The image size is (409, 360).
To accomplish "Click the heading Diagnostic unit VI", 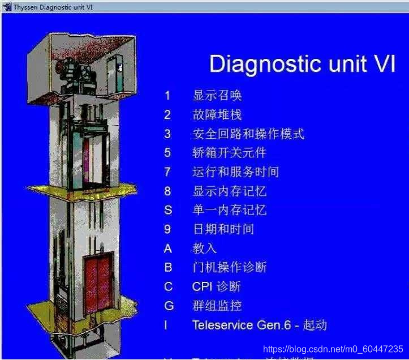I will [302, 63].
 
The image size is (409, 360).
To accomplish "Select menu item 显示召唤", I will [217, 96].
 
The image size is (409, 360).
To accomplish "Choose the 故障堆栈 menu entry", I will [217, 115].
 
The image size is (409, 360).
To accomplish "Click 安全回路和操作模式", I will [248, 134].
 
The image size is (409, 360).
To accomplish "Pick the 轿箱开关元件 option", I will [229, 153].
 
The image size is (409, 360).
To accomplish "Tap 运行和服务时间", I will [235, 172].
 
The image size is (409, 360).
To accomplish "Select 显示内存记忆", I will [229, 191].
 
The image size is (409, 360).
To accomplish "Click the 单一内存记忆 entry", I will [229, 210].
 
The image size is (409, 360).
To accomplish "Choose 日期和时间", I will [223, 229].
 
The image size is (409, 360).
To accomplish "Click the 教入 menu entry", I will [205, 248].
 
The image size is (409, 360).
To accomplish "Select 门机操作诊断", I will [229, 267].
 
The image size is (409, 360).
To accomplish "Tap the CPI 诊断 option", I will [216, 286].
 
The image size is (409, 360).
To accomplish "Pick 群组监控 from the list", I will [217, 306].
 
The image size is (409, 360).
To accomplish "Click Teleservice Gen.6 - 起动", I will [259, 325].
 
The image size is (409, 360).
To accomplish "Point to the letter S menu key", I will [167, 210].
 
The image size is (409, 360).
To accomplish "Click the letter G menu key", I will [168, 306].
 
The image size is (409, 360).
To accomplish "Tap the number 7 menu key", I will [167, 172].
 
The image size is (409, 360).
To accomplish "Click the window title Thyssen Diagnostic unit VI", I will [50, 7].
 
